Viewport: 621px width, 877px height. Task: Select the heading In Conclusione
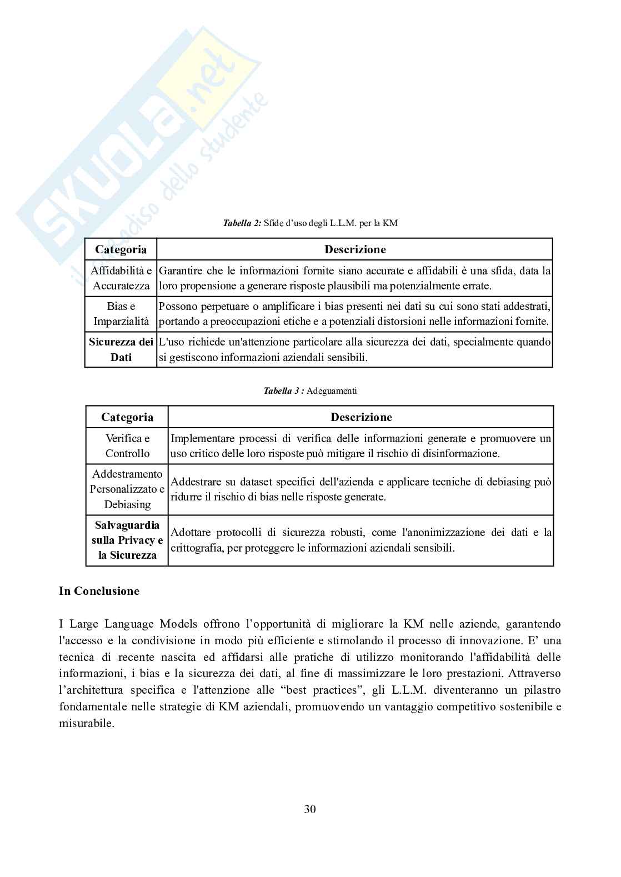tap(99, 591)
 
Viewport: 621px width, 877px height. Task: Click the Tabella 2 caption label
tap(242, 223)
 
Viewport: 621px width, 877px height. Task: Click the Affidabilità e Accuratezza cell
tap(121, 278)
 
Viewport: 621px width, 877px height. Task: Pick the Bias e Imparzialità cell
tap(121, 314)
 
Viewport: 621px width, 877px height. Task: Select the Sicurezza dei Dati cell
tap(121, 349)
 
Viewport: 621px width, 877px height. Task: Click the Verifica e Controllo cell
tap(127, 446)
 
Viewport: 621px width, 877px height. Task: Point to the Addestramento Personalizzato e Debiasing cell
tap(127, 489)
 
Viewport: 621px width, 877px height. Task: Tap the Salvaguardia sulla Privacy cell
tap(127, 540)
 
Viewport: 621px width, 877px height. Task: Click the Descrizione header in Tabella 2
tap(355, 249)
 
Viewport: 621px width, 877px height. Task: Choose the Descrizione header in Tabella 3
tap(361, 417)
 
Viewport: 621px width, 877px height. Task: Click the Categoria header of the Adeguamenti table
tap(127, 417)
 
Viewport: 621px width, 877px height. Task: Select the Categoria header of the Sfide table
tap(121, 249)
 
